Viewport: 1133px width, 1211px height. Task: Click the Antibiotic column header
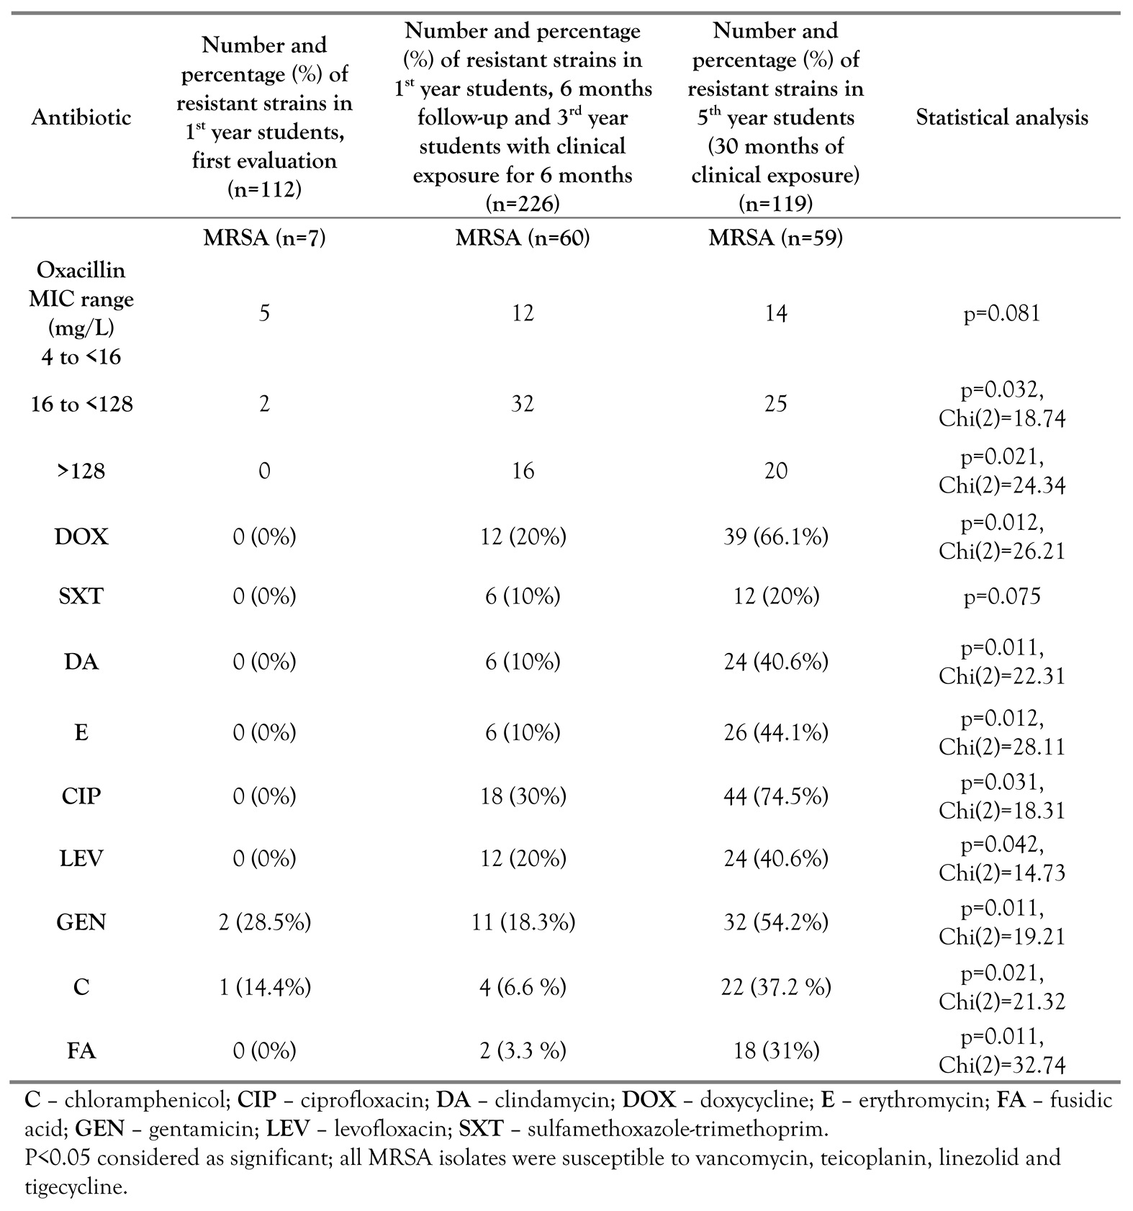tap(81, 117)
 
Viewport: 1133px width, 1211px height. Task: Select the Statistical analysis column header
tap(1001, 117)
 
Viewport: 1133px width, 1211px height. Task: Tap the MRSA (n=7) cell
tap(264, 238)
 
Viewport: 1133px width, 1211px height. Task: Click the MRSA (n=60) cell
tap(523, 238)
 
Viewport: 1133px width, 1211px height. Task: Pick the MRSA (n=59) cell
tap(775, 238)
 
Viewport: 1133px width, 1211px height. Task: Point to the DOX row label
tap(81, 537)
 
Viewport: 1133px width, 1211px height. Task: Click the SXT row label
tap(81, 596)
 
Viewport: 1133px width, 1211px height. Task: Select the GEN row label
tap(81, 922)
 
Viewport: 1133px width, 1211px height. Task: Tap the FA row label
tap(81, 1051)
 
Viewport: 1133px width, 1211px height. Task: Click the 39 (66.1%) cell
tap(775, 537)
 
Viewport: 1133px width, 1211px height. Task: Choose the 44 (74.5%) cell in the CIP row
tap(775, 796)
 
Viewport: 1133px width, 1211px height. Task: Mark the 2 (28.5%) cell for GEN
tap(264, 922)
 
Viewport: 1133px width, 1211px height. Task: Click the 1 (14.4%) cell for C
tap(264, 986)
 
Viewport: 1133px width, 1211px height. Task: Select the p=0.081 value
tap(1001, 314)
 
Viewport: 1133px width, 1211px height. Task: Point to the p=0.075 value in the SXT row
tap(1001, 596)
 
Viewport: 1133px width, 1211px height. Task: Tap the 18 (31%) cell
tap(775, 1051)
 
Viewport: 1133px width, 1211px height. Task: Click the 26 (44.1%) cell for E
tap(775, 732)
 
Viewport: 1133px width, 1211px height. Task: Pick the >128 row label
tap(81, 471)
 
